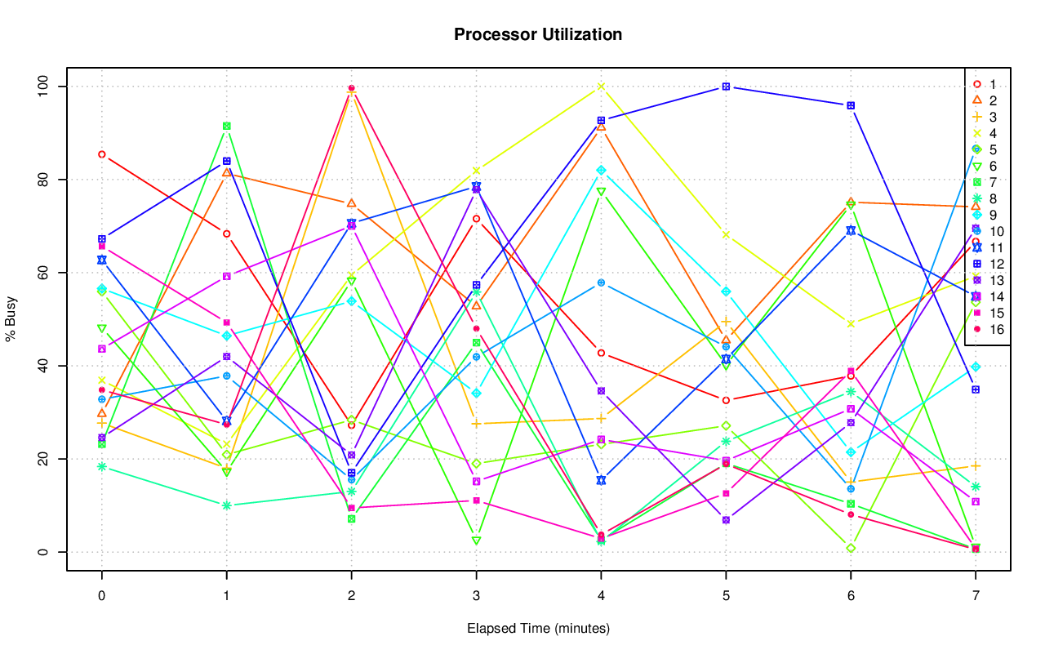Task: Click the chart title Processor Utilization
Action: (538, 34)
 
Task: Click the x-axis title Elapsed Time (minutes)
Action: (538, 629)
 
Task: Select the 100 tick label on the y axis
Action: (44, 86)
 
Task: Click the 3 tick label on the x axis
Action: (476, 596)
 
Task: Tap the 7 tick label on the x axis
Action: (976, 596)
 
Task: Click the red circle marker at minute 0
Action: (101, 154)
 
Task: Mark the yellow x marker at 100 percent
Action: (601, 87)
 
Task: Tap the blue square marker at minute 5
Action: (726, 87)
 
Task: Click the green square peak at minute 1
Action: (226, 126)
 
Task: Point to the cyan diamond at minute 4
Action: (601, 170)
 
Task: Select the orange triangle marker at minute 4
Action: (601, 127)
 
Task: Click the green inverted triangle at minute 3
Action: (476, 541)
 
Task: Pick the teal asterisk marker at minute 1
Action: (226, 505)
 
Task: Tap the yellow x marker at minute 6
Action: (851, 324)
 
